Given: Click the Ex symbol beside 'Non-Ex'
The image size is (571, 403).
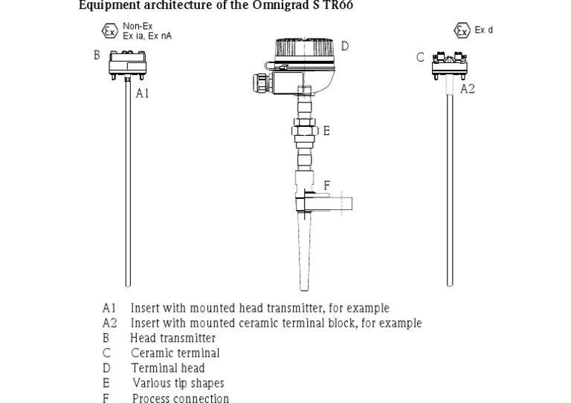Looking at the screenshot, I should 109,31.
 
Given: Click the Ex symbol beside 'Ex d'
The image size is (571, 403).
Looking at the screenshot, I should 462,30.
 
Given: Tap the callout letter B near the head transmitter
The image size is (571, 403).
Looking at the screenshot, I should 97,55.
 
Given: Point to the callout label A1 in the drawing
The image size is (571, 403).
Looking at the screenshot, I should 142,94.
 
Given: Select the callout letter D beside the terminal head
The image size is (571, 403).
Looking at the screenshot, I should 345,46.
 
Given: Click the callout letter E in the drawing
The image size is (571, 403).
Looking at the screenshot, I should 326,131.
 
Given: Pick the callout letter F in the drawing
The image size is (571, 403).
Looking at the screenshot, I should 327,185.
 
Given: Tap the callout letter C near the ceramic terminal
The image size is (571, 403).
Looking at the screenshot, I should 421,57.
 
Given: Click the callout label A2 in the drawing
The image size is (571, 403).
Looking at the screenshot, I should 468,89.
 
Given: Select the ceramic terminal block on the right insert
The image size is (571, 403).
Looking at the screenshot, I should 449,63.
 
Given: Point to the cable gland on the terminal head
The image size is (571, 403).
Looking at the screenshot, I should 262,80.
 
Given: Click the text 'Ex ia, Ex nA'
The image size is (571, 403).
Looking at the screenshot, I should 147,35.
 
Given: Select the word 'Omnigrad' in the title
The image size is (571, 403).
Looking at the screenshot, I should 283,6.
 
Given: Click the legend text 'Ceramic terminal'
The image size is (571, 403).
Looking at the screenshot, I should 175,353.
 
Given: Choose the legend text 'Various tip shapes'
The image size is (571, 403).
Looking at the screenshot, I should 178,384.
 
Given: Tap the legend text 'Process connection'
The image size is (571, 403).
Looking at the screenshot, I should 180,399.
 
